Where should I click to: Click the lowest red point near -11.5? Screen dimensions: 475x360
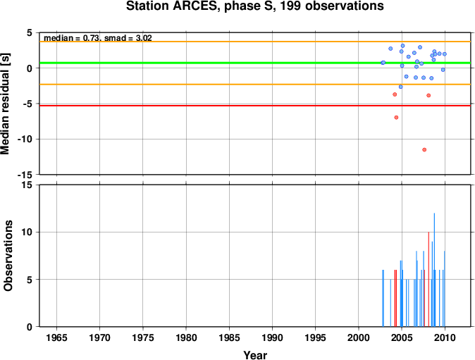[424, 149]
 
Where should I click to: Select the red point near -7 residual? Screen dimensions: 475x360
[396, 118]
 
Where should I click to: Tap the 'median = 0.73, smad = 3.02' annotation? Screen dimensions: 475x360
[98, 38]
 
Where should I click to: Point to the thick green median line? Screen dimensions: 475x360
[255, 63]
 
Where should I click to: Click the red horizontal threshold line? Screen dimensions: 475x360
[255, 106]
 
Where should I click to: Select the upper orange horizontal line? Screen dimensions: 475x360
[255, 42]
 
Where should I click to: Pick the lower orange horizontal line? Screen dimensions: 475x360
[255, 84]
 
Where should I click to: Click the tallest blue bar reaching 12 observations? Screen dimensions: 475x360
[434, 270]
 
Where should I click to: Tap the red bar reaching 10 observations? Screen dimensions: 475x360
[428, 280]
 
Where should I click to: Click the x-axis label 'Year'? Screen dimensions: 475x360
[255, 355]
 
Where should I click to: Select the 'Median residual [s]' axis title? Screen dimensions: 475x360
[6, 104]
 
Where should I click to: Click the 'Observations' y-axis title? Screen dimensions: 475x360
[8, 256]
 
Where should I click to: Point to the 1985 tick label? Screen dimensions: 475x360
[229, 337]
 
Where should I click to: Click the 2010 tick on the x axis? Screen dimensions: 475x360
[445, 337]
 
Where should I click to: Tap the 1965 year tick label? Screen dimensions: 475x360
[56, 337]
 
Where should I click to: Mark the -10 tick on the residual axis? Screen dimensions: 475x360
[25, 139]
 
